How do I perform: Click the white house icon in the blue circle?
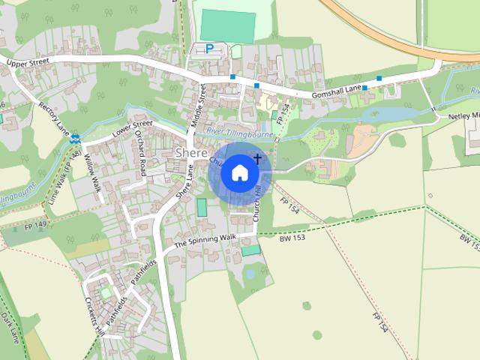(239, 172)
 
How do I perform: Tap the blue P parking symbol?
(209, 49)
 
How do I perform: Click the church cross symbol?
(259, 158)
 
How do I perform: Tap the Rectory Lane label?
(54, 116)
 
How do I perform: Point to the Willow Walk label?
(92, 172)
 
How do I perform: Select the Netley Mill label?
(464, 117)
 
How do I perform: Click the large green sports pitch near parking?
(227, 25)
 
